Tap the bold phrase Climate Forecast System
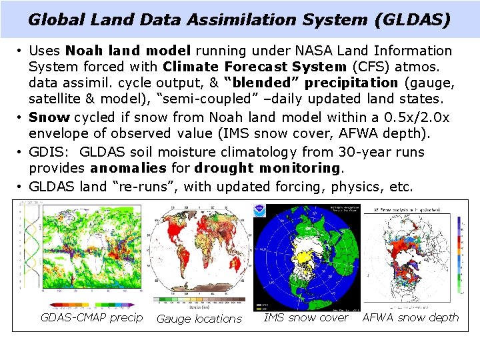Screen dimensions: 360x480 point(254,67)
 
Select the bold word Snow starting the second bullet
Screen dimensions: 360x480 point(49,117)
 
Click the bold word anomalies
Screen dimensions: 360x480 point(129,169)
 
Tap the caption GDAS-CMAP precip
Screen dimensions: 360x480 point(92,317)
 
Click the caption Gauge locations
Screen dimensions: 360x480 point(199,319)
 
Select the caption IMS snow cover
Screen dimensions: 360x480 point(306,317)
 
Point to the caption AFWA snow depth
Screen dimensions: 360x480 point(411,317)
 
